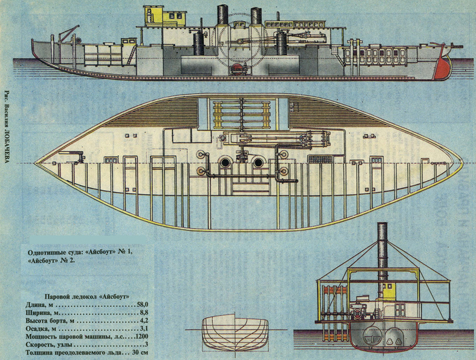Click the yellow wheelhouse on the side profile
(x=165, y=15)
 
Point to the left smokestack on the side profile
(x=222, y=15)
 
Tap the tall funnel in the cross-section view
(x=382, y=248)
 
